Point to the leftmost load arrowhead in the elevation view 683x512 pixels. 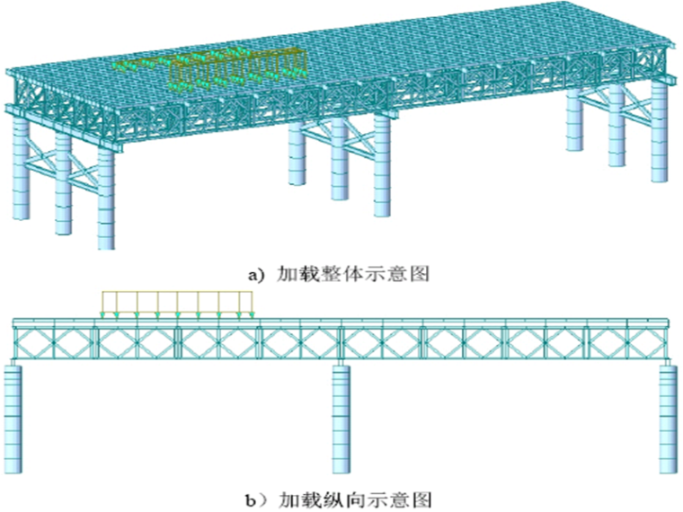click(103, 313)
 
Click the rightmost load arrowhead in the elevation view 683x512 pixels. click(252, 313)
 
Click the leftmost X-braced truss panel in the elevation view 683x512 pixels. click(36, 343)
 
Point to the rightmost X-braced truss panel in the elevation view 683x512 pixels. click(646, 343)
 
